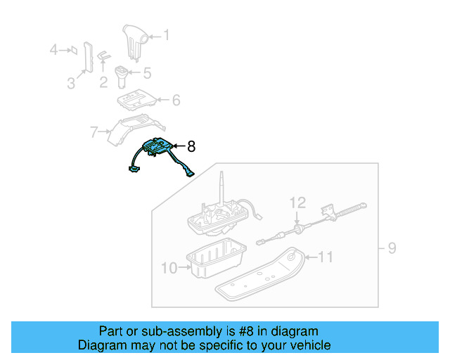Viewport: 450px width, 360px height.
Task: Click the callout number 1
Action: (167, 34)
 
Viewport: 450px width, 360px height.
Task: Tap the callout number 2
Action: (103, 83)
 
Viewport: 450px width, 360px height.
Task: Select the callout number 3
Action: (71, 84)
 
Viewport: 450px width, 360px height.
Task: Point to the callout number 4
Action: (53, 50)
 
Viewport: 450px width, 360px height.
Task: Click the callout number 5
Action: (147, 72)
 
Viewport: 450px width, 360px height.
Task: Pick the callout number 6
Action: (176, 101)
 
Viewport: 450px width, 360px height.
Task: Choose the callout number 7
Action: (94, 131)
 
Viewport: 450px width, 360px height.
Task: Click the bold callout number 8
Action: (191, 146)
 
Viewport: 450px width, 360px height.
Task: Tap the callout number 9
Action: (392, 247)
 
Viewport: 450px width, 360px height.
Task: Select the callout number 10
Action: (168, 267)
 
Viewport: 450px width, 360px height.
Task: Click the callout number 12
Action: (298, 203)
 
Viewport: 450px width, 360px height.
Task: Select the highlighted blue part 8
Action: (158, 149)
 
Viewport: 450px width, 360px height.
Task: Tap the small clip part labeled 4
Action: (71, 50)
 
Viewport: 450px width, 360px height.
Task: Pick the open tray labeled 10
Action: (214, 258)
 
